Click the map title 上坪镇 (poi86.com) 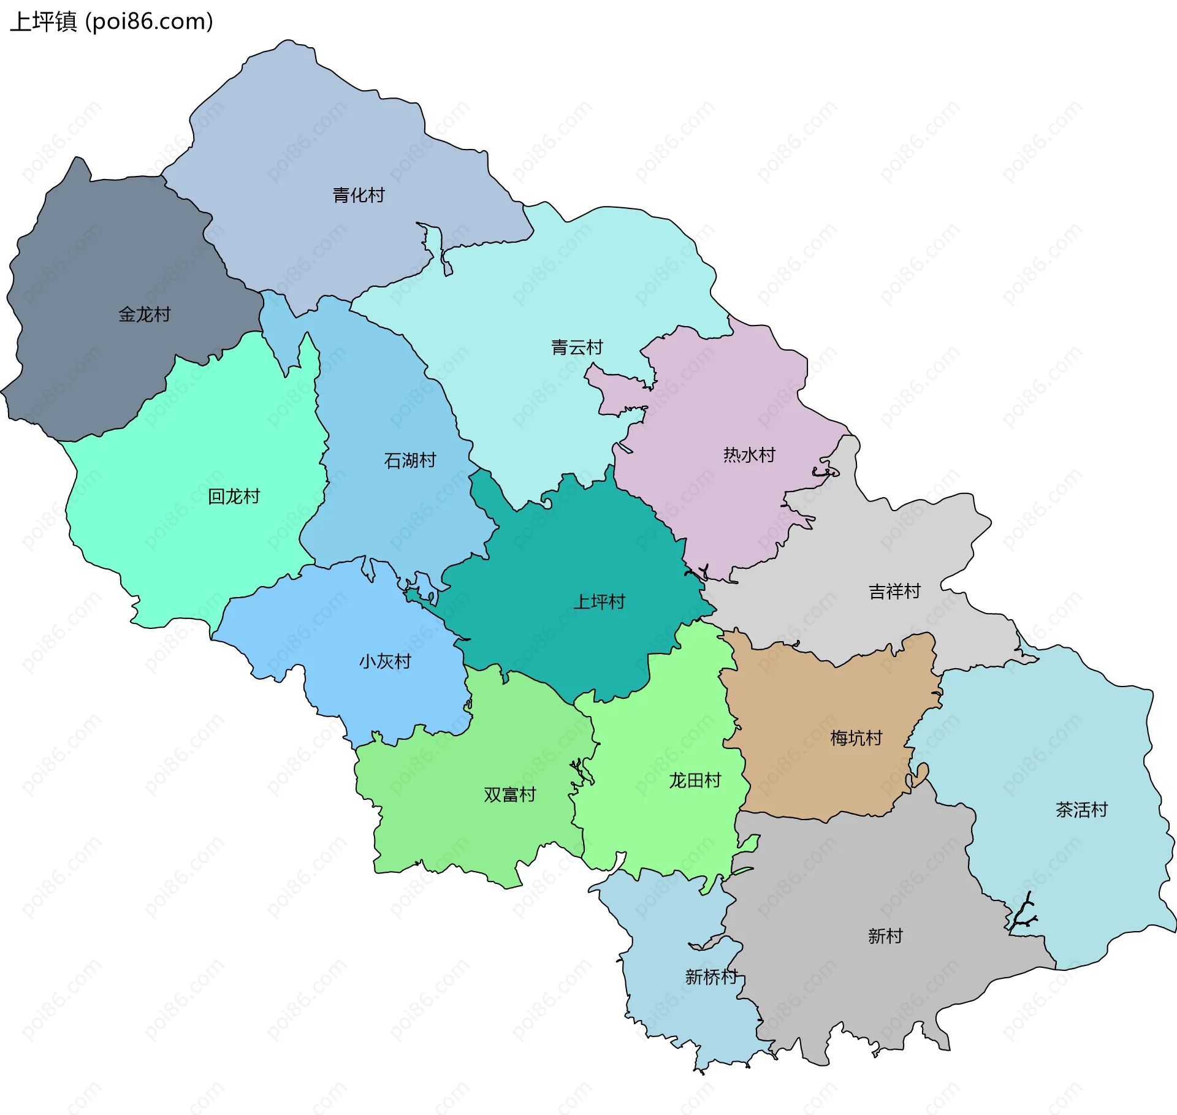point(112,21)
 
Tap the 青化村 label point(359,196)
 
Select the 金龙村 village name point(144,314)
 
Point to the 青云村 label point(577,348)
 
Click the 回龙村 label point(234,496)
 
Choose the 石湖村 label point(409,460)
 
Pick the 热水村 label point(749,455)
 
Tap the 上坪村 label point(599,601)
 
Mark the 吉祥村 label point(894,592)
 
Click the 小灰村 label point(385,661)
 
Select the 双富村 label point(509,794)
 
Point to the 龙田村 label point(695,780)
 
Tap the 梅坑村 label point(856,738)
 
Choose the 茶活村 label point(1081,810)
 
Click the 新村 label point(885,936)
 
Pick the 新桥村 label point(711,976)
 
